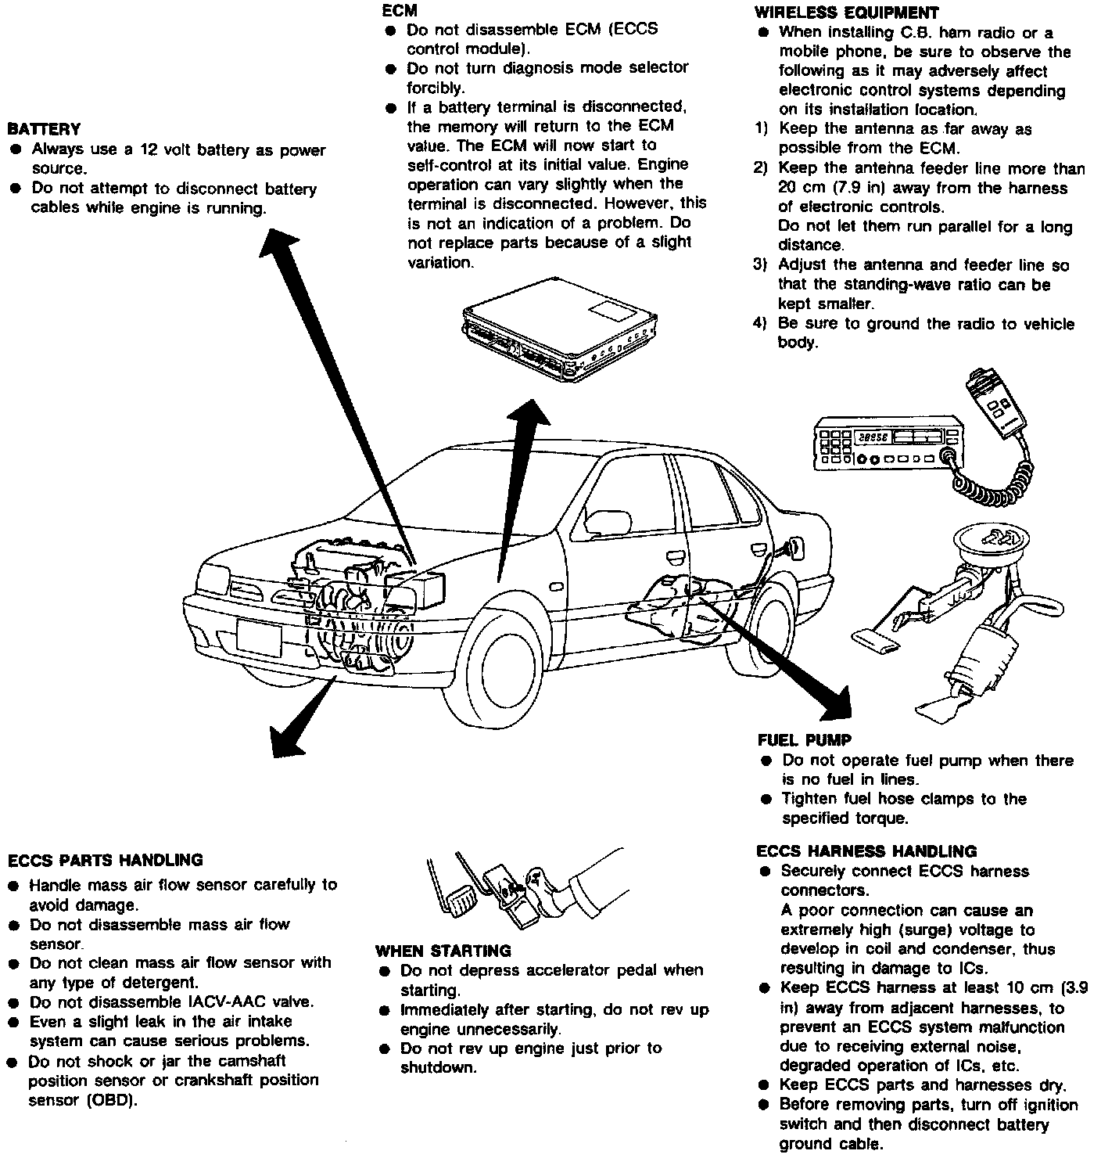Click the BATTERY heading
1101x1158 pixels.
44,129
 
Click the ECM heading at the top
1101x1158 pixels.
399,11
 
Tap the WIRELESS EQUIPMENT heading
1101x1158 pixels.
846,13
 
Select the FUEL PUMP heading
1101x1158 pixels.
805,740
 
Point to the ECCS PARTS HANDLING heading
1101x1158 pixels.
106,860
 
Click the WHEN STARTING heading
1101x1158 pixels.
443,951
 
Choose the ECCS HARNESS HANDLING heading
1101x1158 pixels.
867,851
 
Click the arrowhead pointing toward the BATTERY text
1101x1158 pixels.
277,241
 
